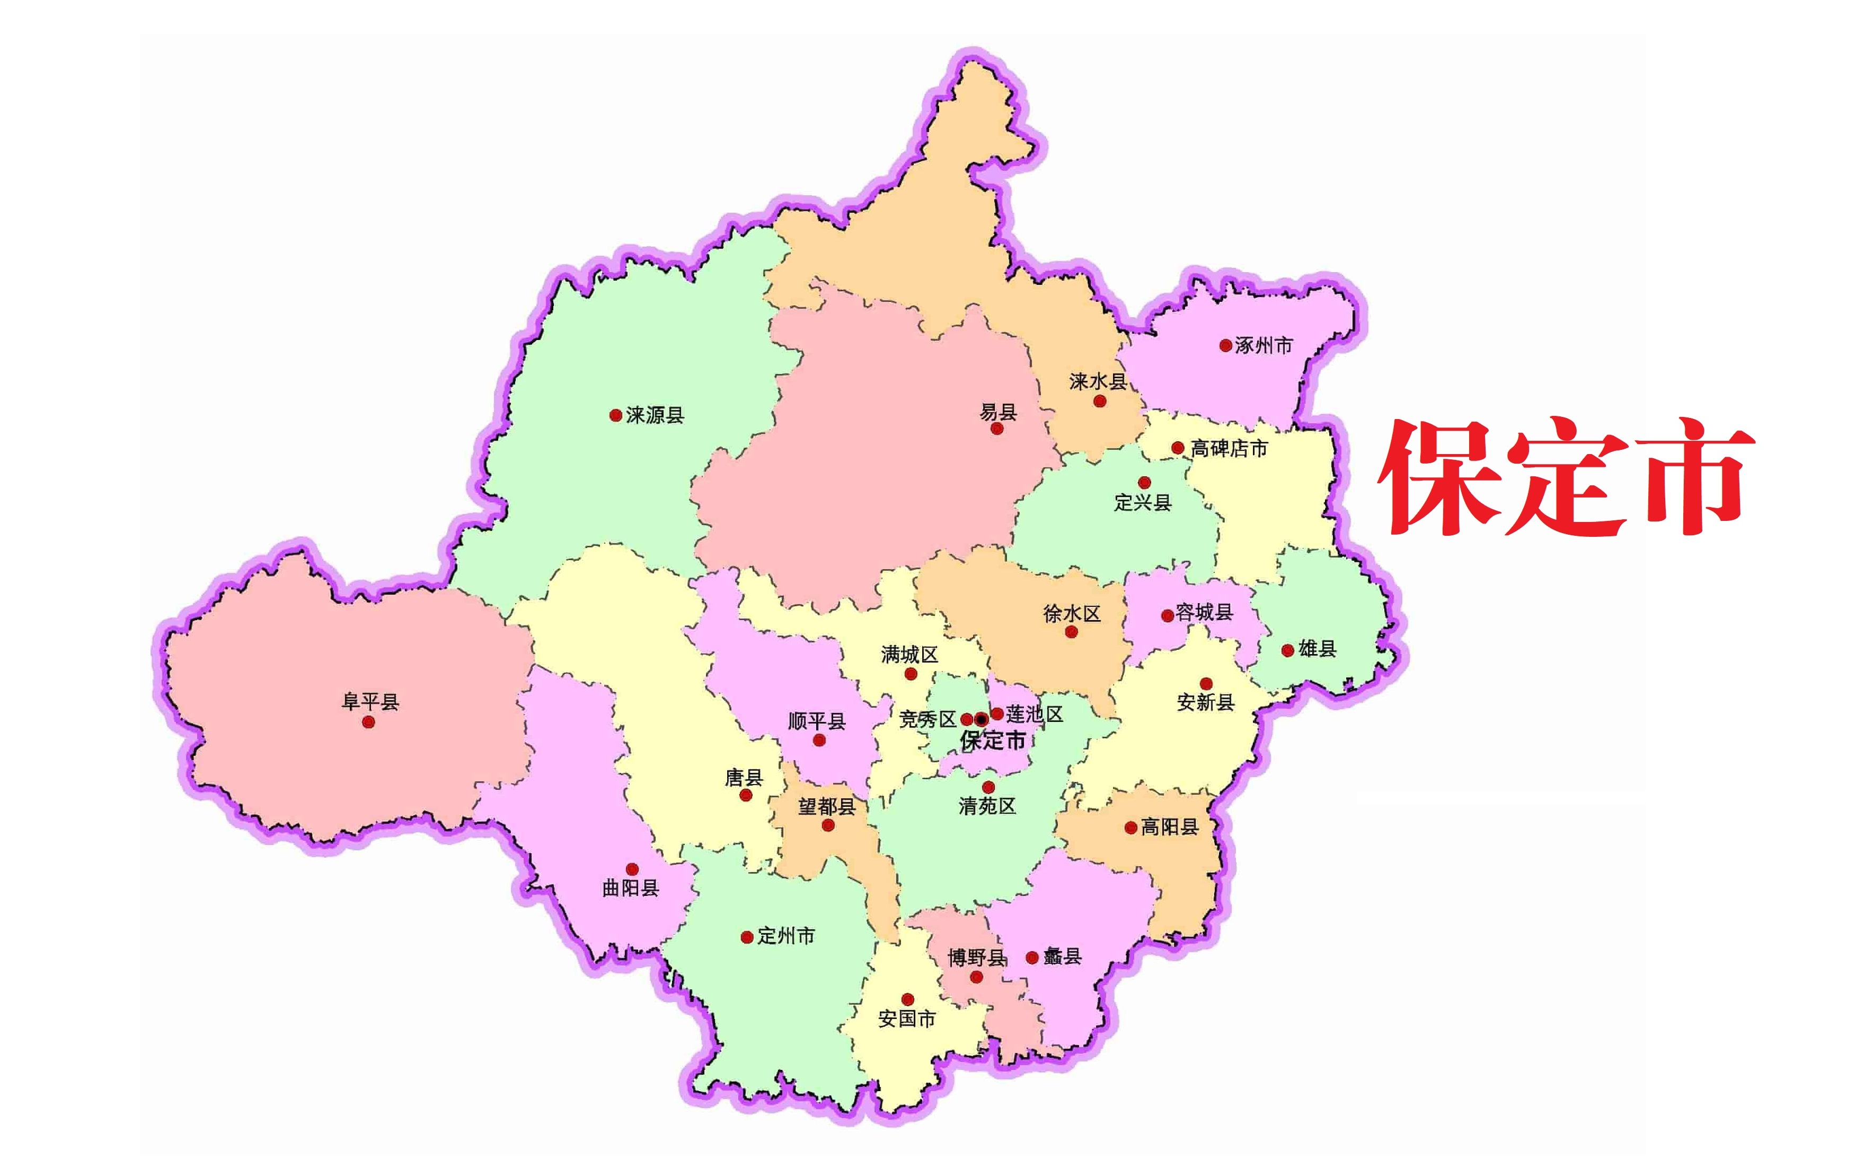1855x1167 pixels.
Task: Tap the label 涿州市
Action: [1264, 346]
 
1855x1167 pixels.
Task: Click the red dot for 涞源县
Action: [615, 415]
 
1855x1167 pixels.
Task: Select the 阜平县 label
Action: [370, 701]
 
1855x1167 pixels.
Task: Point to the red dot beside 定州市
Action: [746, 937]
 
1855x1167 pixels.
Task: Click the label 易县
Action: [999, 412]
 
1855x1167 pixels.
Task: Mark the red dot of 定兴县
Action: [1144, 483]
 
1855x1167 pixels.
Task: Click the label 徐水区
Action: [1072, 614]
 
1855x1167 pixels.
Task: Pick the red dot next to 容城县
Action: [1168, 615]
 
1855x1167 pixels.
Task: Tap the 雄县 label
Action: [1317, 649]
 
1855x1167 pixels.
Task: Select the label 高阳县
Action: [1169, 827]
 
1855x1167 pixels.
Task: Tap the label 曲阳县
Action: [630, 888]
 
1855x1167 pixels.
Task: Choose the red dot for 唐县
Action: [746, 795]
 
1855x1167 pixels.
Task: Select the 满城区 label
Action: [910, 655]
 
